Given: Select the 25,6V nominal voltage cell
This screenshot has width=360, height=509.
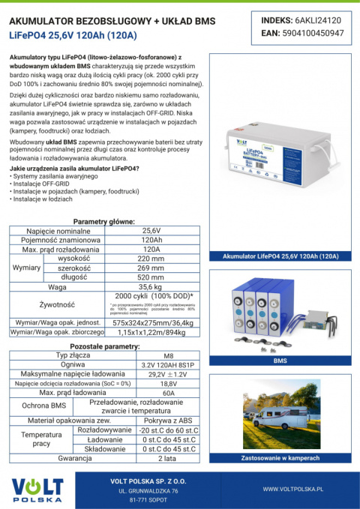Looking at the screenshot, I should (151, 230).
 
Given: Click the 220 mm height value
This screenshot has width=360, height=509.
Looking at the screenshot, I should (151, 259).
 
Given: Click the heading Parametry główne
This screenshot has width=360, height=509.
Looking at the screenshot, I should (104, 222).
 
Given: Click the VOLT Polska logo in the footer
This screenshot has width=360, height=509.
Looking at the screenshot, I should (37, 488).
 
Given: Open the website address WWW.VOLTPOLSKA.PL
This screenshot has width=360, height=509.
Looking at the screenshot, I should (292, 488).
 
